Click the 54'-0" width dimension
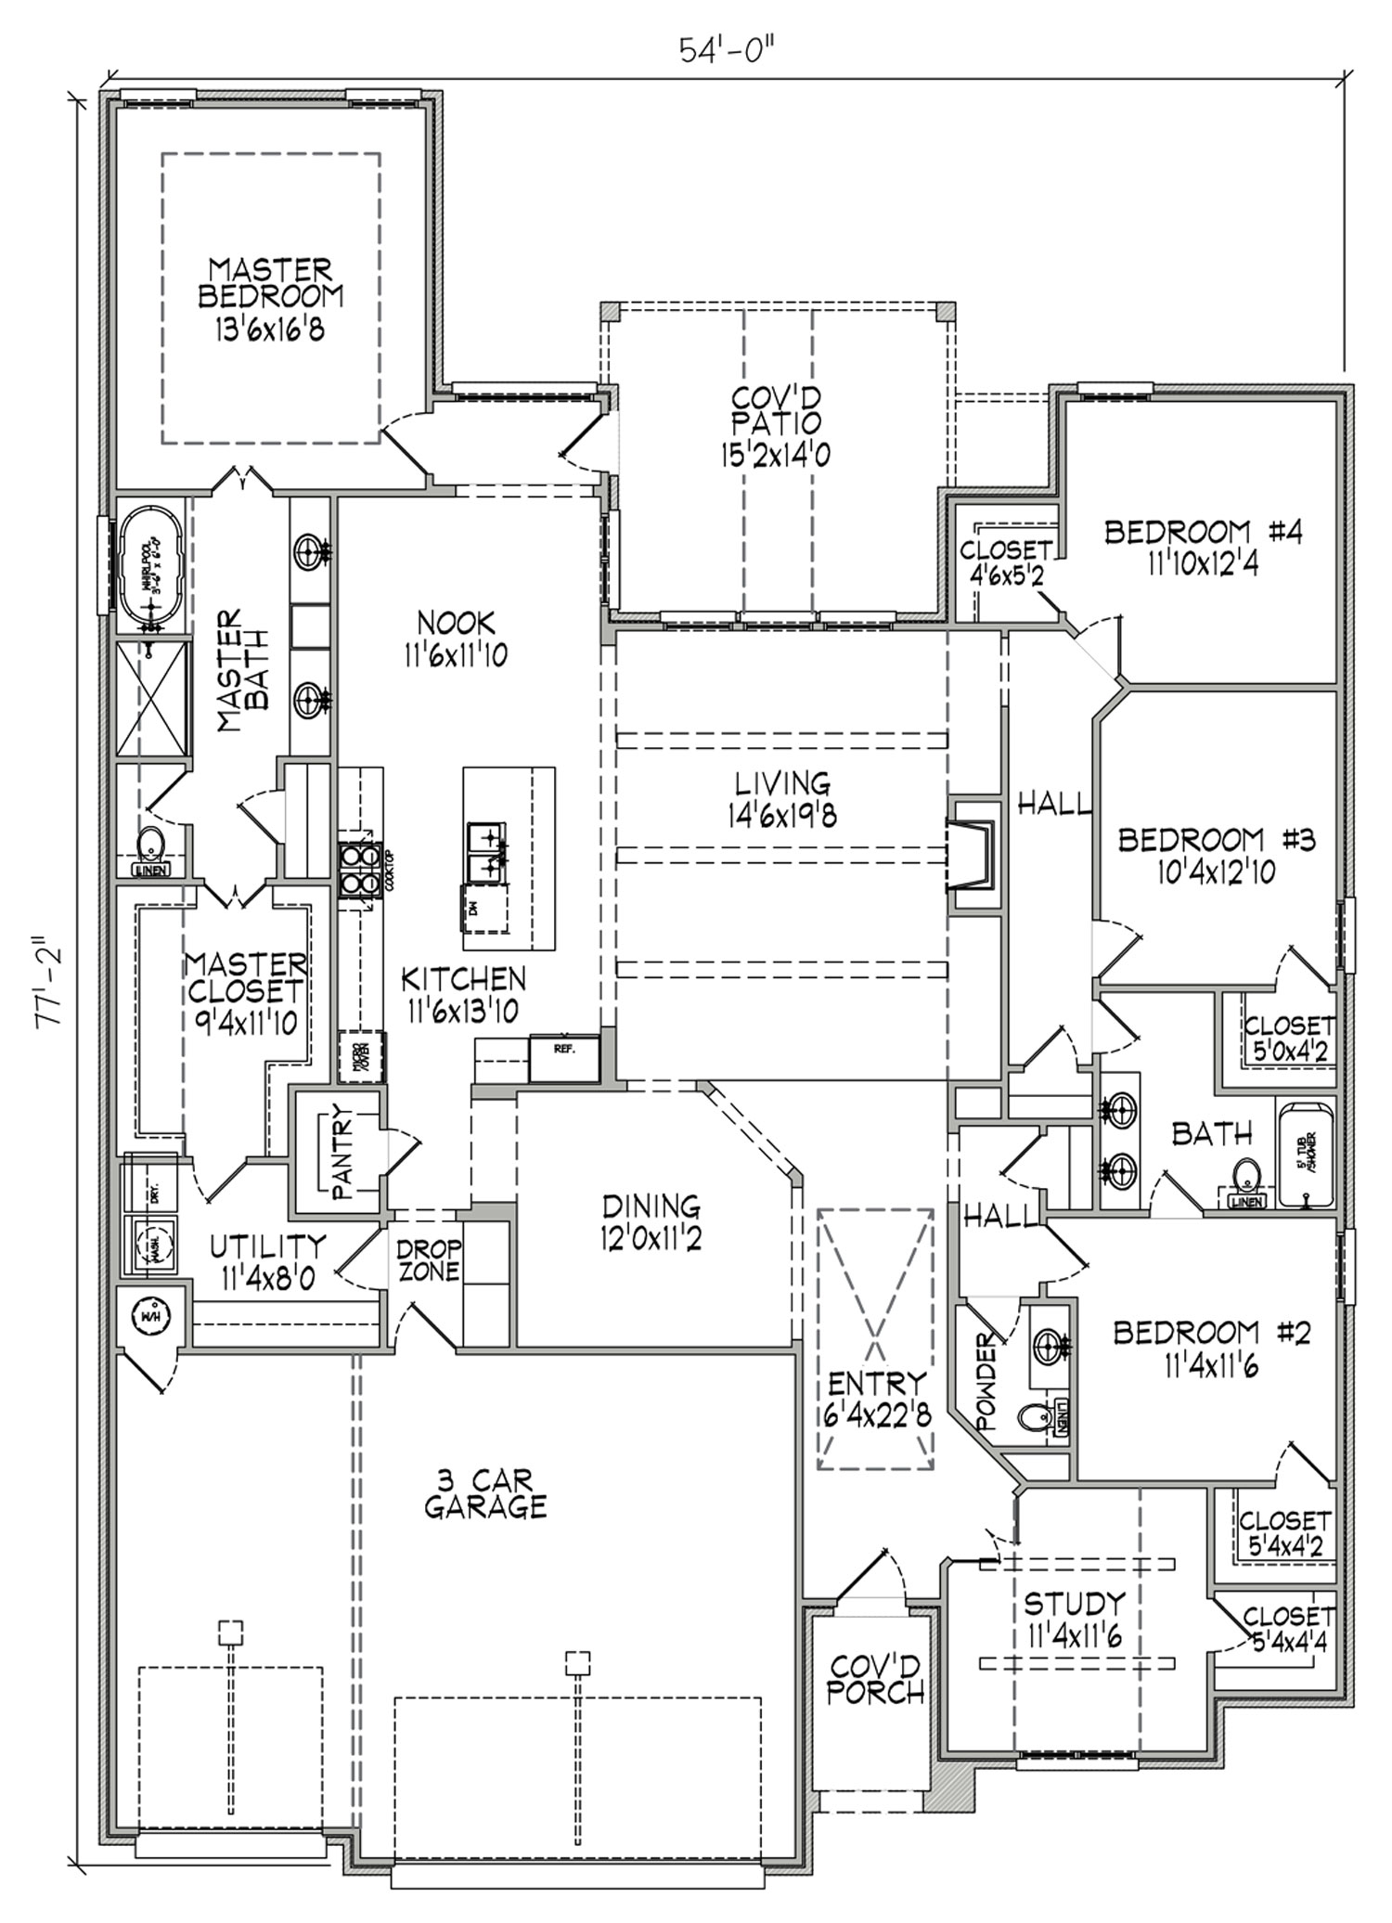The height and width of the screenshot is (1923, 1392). click(x=727, y=49)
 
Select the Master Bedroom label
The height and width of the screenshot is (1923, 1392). click(x=270, y=283)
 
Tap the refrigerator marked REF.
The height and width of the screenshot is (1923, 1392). click(x=563, y=1058)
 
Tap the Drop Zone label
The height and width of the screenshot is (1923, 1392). click(x=429, y=1260)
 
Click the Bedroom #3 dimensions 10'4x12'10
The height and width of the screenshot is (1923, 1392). click(x=1216, y=871)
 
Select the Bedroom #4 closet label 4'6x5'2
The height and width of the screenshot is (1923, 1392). click(x=1005, y=574)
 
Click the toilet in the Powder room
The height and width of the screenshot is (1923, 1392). click(x=1031, y=1417)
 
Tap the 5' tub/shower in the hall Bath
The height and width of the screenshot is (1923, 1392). click(x=1306, y=1153)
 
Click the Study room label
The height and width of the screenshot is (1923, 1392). click(x=1074, y=1603)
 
